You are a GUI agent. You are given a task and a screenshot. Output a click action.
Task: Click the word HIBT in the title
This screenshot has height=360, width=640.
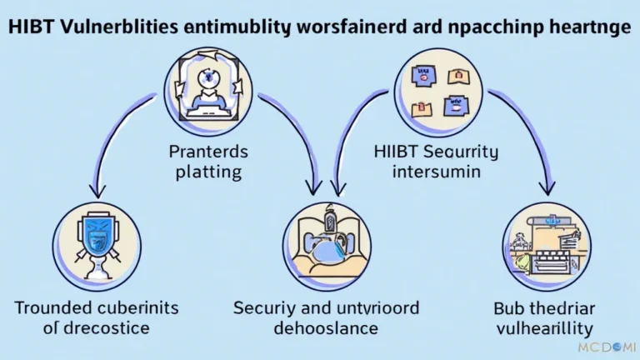(x=28, y=27)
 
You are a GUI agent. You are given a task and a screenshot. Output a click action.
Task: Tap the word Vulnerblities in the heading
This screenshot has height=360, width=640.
(x=113, y=27)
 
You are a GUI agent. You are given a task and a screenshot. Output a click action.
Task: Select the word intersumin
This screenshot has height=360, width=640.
(x=435, y=172)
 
